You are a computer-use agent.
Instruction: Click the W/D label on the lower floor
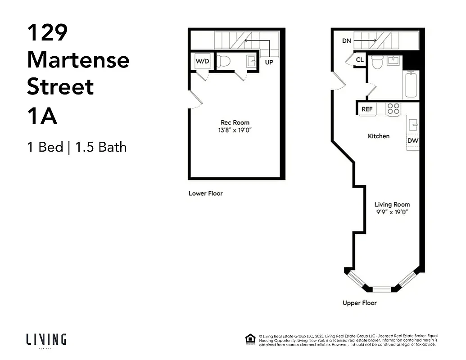pyautogui.click(x=202, y=62)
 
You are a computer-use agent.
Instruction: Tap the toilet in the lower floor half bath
pyautogui.click(x=223, y=61)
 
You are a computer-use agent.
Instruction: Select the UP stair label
pyautogui.click(x=269, y=62)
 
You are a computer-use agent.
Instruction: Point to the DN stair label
pyautogui.click(x=346, y=41)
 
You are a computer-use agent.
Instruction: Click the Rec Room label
pyautogui.click(x=235, y=122)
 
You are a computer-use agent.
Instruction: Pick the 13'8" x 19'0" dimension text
pyautogui.click(x=235, y=130)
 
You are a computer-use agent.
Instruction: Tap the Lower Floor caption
pyautogui.click(x=205, y=193)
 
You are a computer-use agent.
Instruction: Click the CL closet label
pyautogui.click(x=360, y=60)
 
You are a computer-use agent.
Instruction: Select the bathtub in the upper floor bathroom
pyautogui.click(x=411, y=85)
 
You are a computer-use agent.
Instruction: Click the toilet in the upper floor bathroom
pyautogui.click(x=377, y=62)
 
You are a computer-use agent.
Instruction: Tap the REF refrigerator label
pyautogui.click(x=367, y=109)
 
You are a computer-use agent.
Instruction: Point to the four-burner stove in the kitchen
pyautogui.click(x=393, y=109)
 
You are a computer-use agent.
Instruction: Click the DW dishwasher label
pyautogui.click(x=412, y=141)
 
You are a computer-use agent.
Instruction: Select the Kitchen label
pyautogui.click(x=379, y=136)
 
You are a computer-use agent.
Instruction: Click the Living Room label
pyautogui.click(x=392, y=204)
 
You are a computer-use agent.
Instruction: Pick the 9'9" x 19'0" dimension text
pyautogui.click(x=392, y=212)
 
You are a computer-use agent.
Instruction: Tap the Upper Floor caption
pyautogui.click(x=359, y=303)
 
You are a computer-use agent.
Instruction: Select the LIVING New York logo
pyautogui.click(x=46, y=340)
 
